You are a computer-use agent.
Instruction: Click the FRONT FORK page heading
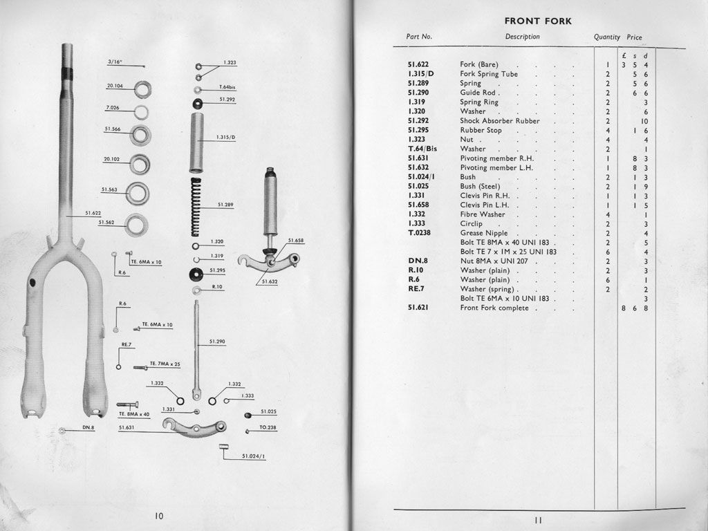538,21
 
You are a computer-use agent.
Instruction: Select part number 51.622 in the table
419,64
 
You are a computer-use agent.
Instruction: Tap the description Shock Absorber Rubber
499,121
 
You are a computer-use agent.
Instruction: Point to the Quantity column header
606,37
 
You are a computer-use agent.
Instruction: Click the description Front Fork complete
494,308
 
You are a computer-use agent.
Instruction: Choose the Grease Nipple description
484,233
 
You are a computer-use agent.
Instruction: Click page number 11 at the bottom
538,521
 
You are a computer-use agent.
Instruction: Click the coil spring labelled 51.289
196,206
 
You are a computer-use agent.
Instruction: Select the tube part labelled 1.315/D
197,142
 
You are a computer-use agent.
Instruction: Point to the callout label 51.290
218,342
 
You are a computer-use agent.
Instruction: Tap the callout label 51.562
106,223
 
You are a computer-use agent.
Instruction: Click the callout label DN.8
88,427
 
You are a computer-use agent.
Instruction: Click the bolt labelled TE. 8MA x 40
127,404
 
